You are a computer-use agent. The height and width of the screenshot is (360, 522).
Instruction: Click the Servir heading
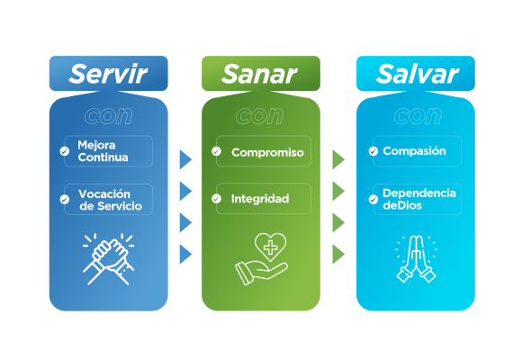(108, 74)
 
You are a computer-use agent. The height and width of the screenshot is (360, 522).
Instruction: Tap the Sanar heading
(259, 74)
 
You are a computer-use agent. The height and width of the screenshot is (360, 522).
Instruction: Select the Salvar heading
(417, 74)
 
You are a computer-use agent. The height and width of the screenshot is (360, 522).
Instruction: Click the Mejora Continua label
(103, 151)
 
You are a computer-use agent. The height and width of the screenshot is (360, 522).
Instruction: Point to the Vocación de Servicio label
(110, 200)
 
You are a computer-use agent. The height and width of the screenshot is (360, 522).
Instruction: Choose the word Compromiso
(267, 152)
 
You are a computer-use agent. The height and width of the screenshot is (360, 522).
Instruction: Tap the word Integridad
(260, 199)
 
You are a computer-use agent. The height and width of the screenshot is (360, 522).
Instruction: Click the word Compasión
(414, 151)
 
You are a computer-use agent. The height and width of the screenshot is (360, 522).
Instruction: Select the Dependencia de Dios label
(419, 199)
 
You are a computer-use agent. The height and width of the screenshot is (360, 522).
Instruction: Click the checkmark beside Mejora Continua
(65, 151)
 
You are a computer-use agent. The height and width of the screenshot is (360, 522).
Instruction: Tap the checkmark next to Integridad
(216, 199)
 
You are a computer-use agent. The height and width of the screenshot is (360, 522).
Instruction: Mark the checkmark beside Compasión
(373, 151)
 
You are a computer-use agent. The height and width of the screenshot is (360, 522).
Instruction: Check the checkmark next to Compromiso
(216, 151)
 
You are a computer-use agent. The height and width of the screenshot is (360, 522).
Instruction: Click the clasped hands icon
(109, 259)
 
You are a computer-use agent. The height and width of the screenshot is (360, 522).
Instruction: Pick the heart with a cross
(270, 247)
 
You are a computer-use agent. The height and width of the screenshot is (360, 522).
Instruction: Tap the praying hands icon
(416, 259)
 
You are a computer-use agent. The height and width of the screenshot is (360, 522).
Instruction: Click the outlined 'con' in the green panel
(260, 116)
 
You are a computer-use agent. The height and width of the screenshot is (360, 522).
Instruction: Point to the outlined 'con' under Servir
(109, 116)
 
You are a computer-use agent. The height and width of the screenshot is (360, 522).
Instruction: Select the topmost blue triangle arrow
(185, 159)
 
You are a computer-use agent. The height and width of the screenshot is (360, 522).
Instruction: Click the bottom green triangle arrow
(338, 254)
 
